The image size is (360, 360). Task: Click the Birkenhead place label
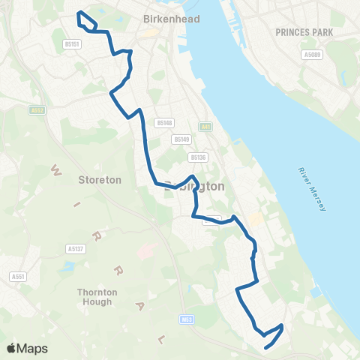[172, 19]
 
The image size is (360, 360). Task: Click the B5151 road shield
[71, 44]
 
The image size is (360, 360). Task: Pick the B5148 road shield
[164, 122]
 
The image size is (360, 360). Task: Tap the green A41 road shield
[205, 127]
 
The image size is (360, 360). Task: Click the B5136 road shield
[198, 157]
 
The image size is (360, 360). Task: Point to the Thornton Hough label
[94, 297]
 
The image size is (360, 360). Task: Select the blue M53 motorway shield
[187, 319]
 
